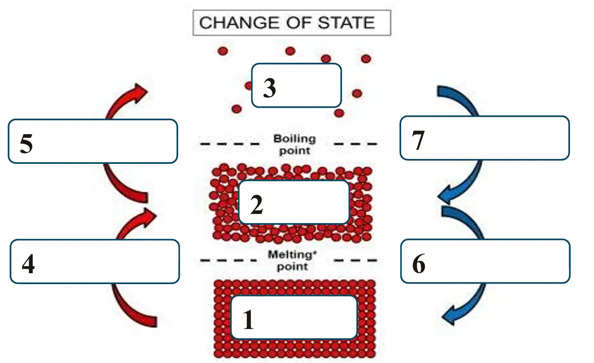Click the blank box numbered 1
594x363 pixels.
294,317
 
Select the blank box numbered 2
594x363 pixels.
294,202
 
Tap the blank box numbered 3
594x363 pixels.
297,85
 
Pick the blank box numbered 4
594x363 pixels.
95,261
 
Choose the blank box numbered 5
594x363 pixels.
93,141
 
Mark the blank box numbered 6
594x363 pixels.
485,261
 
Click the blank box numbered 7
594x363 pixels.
485,138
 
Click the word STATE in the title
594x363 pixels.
346,23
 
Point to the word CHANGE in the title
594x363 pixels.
237,23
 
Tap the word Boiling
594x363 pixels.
295,139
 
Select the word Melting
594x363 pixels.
292,254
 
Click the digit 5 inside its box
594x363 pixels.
26,143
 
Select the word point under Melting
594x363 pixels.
292,267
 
